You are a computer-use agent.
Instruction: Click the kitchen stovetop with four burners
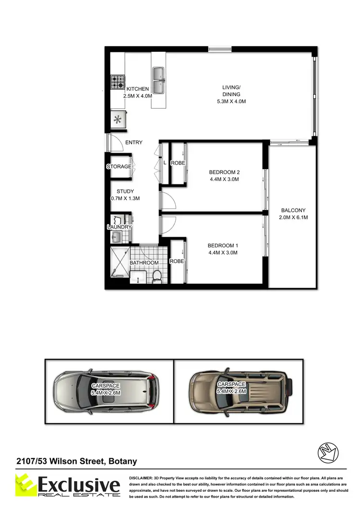point(118,83)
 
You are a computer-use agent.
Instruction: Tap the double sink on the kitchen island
point(158,80)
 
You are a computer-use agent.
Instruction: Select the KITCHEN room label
point(137,89)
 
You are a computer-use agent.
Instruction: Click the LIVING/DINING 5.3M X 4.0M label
point(234,94)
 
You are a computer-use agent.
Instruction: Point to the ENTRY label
point(134,143)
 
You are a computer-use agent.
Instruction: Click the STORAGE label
point(119,167)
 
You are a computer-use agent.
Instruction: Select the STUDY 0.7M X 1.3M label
point(125,194)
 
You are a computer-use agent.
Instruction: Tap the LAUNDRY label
point(119,227)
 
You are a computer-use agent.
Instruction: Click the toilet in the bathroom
point(156,277)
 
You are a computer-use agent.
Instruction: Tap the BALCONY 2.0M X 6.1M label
point(293,214)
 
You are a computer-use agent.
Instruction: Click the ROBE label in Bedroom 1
point(177,262)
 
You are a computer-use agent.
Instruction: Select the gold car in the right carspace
point(240,391)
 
